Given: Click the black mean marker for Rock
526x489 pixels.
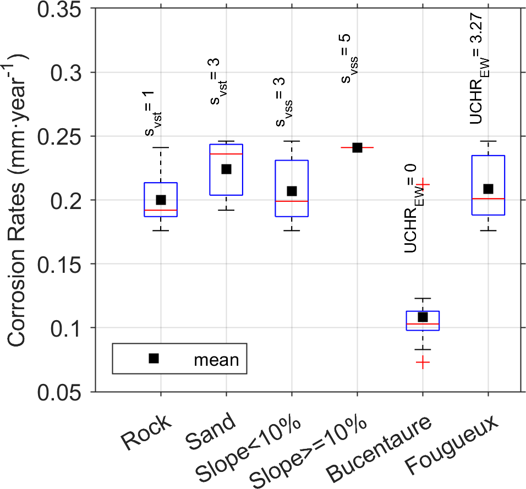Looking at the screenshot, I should tap(161, 200).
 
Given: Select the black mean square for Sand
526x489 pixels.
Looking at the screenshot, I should tap(226, 169).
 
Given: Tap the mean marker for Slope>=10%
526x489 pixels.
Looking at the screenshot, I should tap(357, 147).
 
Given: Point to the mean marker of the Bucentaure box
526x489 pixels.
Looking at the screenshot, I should tap(423, 317).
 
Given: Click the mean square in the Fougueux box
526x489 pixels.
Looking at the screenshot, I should tap(488, 189).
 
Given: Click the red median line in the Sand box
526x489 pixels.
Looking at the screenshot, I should tap(226, 154).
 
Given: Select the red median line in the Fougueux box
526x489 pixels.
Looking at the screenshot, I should tap(488, 199).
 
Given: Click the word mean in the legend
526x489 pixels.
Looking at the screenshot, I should tap(216, 360).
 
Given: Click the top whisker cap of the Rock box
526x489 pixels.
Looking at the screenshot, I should tap(161, 147).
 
